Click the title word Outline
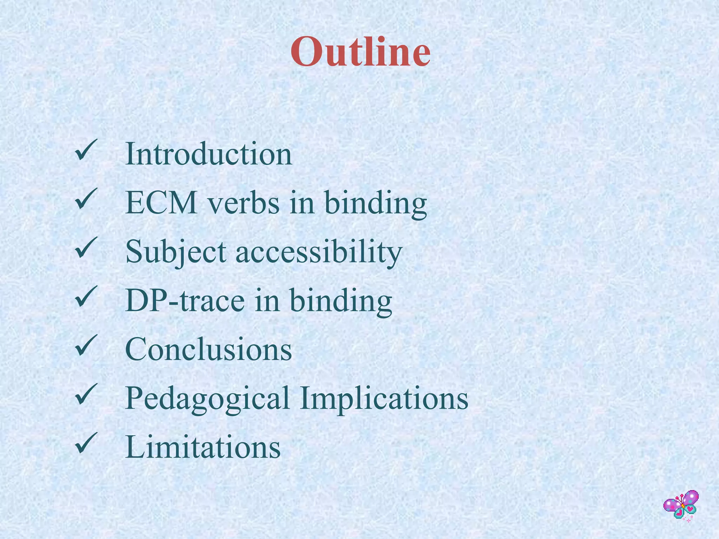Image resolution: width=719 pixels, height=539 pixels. pyautogui.click(x=361, y=53)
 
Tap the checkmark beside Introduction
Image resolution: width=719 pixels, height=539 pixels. pyautogui.click(x=85, y=150)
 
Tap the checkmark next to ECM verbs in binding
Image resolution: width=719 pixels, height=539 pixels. pyautogui.click(x=85, y=199)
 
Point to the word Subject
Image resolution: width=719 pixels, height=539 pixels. pyautogui.click(x=176, y=252)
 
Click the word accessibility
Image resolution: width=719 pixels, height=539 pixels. pyautogui.click(x=319, y=252)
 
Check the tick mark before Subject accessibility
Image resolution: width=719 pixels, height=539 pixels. pyautogui.click(x=85, y=248)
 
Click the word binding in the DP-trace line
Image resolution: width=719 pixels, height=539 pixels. pyautogui.click(x=341, y=300)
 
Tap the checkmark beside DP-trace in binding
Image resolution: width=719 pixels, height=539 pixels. pyautogui.click(x=85, y=297)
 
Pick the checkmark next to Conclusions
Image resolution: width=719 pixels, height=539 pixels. pyautogui.click(x=85, y=345)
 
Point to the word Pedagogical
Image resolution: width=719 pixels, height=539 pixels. pyautogui.click(x=207, y=398)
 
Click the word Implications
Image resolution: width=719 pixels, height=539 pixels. pyautogui.click(x=384, y=398)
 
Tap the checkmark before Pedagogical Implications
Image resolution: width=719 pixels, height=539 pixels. pyautogui.click(x=85, y=394)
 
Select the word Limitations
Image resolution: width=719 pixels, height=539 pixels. pyautogui.click(x=203, y=447)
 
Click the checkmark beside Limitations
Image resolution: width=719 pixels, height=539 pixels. pyautogui.click(x=85, y=443)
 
